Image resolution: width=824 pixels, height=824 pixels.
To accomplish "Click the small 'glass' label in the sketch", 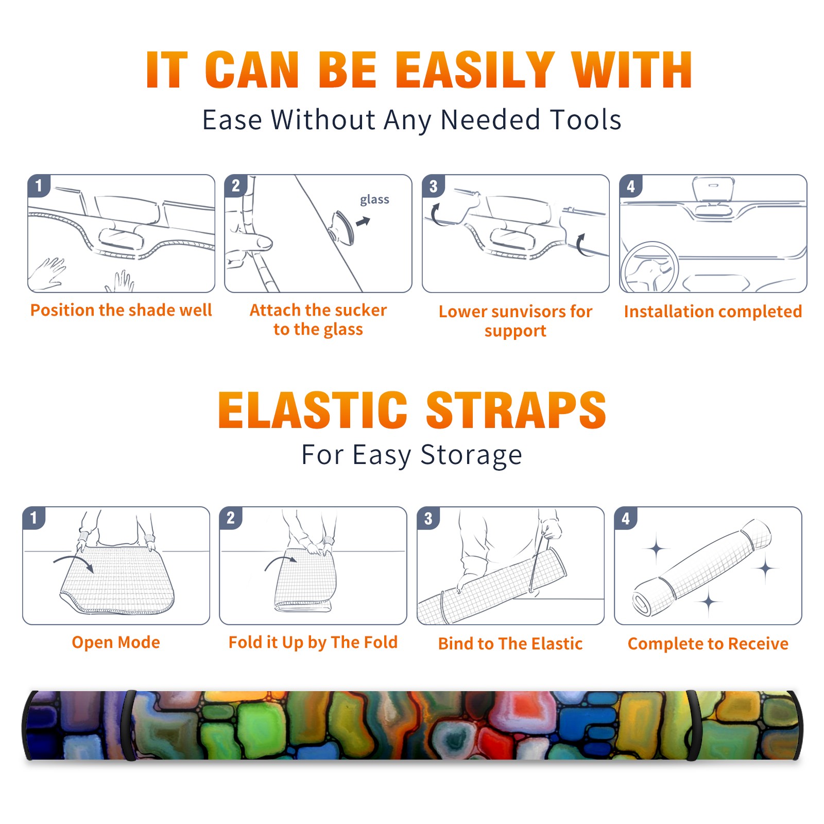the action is point(374,199).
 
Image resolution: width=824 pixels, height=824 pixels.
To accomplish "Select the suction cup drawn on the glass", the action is point(342,227).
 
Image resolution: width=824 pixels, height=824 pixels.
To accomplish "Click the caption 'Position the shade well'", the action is point(121,310).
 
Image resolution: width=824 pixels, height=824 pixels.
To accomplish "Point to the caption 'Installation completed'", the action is point(713,311).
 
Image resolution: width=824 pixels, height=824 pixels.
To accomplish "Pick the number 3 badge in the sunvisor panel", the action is point(433,186).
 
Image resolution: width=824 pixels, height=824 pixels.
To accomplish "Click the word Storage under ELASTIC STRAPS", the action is point(471,455).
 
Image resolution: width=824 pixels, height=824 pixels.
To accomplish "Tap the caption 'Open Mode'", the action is point(116,642).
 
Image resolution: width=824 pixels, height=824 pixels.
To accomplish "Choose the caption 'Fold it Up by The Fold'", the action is point(313,642).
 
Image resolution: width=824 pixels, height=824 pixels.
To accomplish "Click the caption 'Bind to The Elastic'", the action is point(510,643).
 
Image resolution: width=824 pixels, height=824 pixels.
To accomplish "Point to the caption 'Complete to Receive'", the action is point(708,643).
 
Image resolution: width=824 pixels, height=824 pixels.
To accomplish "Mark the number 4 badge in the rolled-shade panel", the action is point(626,518).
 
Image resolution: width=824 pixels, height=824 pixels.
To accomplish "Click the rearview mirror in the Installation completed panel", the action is point(713,190).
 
